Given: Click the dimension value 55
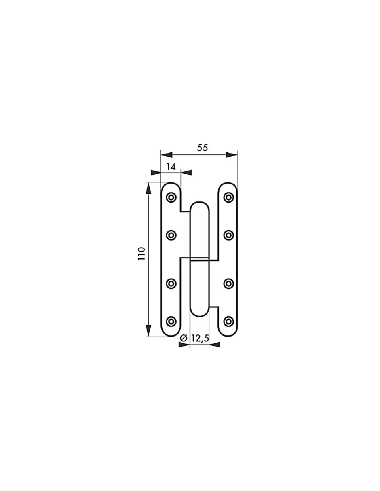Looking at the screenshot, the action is tap(202, 148).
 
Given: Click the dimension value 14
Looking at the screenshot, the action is tap(171, 167).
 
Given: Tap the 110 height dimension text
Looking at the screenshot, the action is tap(141, 254).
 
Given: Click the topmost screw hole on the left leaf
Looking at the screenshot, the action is tap(171, 197).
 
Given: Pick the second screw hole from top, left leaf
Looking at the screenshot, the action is tap(171, 235).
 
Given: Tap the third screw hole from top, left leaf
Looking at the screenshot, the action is tap(171, 284).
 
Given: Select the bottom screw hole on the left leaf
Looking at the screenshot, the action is tap(171, 322).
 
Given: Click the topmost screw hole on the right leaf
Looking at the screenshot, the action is tap(228, 197).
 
